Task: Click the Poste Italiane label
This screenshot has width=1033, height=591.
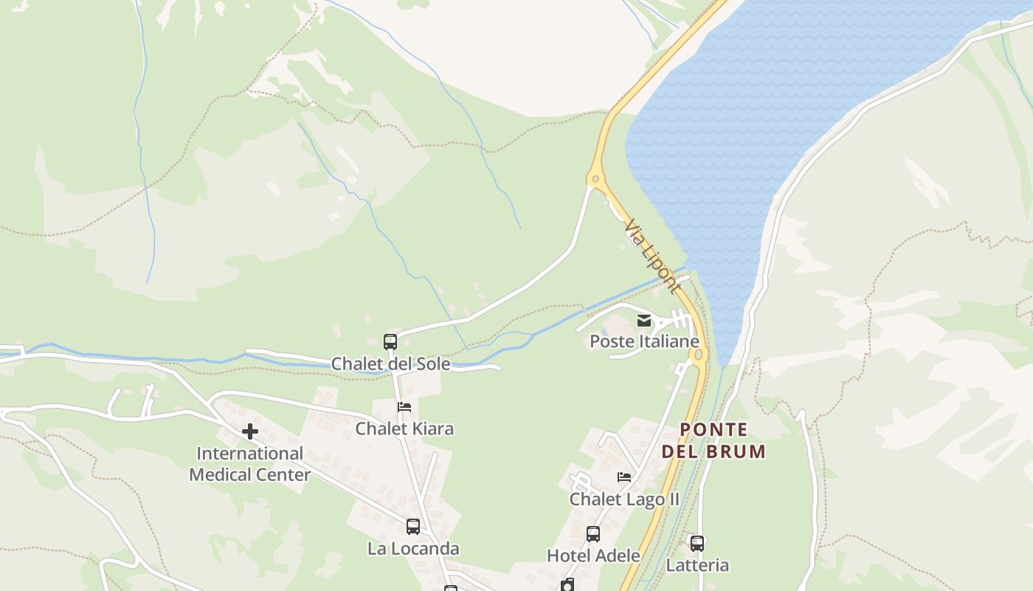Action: pos(644,341)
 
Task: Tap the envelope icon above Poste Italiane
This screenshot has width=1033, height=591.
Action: pos(644,320)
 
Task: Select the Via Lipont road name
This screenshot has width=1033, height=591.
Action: pos(652,256)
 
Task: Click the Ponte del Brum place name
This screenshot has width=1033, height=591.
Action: pos(714,440)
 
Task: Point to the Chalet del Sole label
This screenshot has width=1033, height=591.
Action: pos(390,363)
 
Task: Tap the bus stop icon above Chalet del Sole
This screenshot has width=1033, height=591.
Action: pos(390,342)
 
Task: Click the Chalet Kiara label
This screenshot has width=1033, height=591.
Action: pos(404,428)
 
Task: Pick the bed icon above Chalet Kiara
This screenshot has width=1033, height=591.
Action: pos(404,407)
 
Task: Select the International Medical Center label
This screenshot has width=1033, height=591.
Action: pos(249,464)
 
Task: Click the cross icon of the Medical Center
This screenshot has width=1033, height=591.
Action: pos(250,431)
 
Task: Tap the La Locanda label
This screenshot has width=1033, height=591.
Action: pos(413,548)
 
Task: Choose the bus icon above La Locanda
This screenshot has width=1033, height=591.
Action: pos(413,527)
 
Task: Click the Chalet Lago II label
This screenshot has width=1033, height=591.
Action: pos(624,499)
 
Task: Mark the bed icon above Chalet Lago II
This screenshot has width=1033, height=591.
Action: pos(624,477)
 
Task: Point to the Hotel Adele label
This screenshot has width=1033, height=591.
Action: pos(592,556)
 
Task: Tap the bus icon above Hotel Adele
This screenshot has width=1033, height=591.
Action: pos(592,533)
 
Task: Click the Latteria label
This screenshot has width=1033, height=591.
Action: pos(697,565)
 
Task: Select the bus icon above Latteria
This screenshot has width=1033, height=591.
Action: pos(697,544)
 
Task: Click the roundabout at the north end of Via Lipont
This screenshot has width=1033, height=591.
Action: pos(595,178)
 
